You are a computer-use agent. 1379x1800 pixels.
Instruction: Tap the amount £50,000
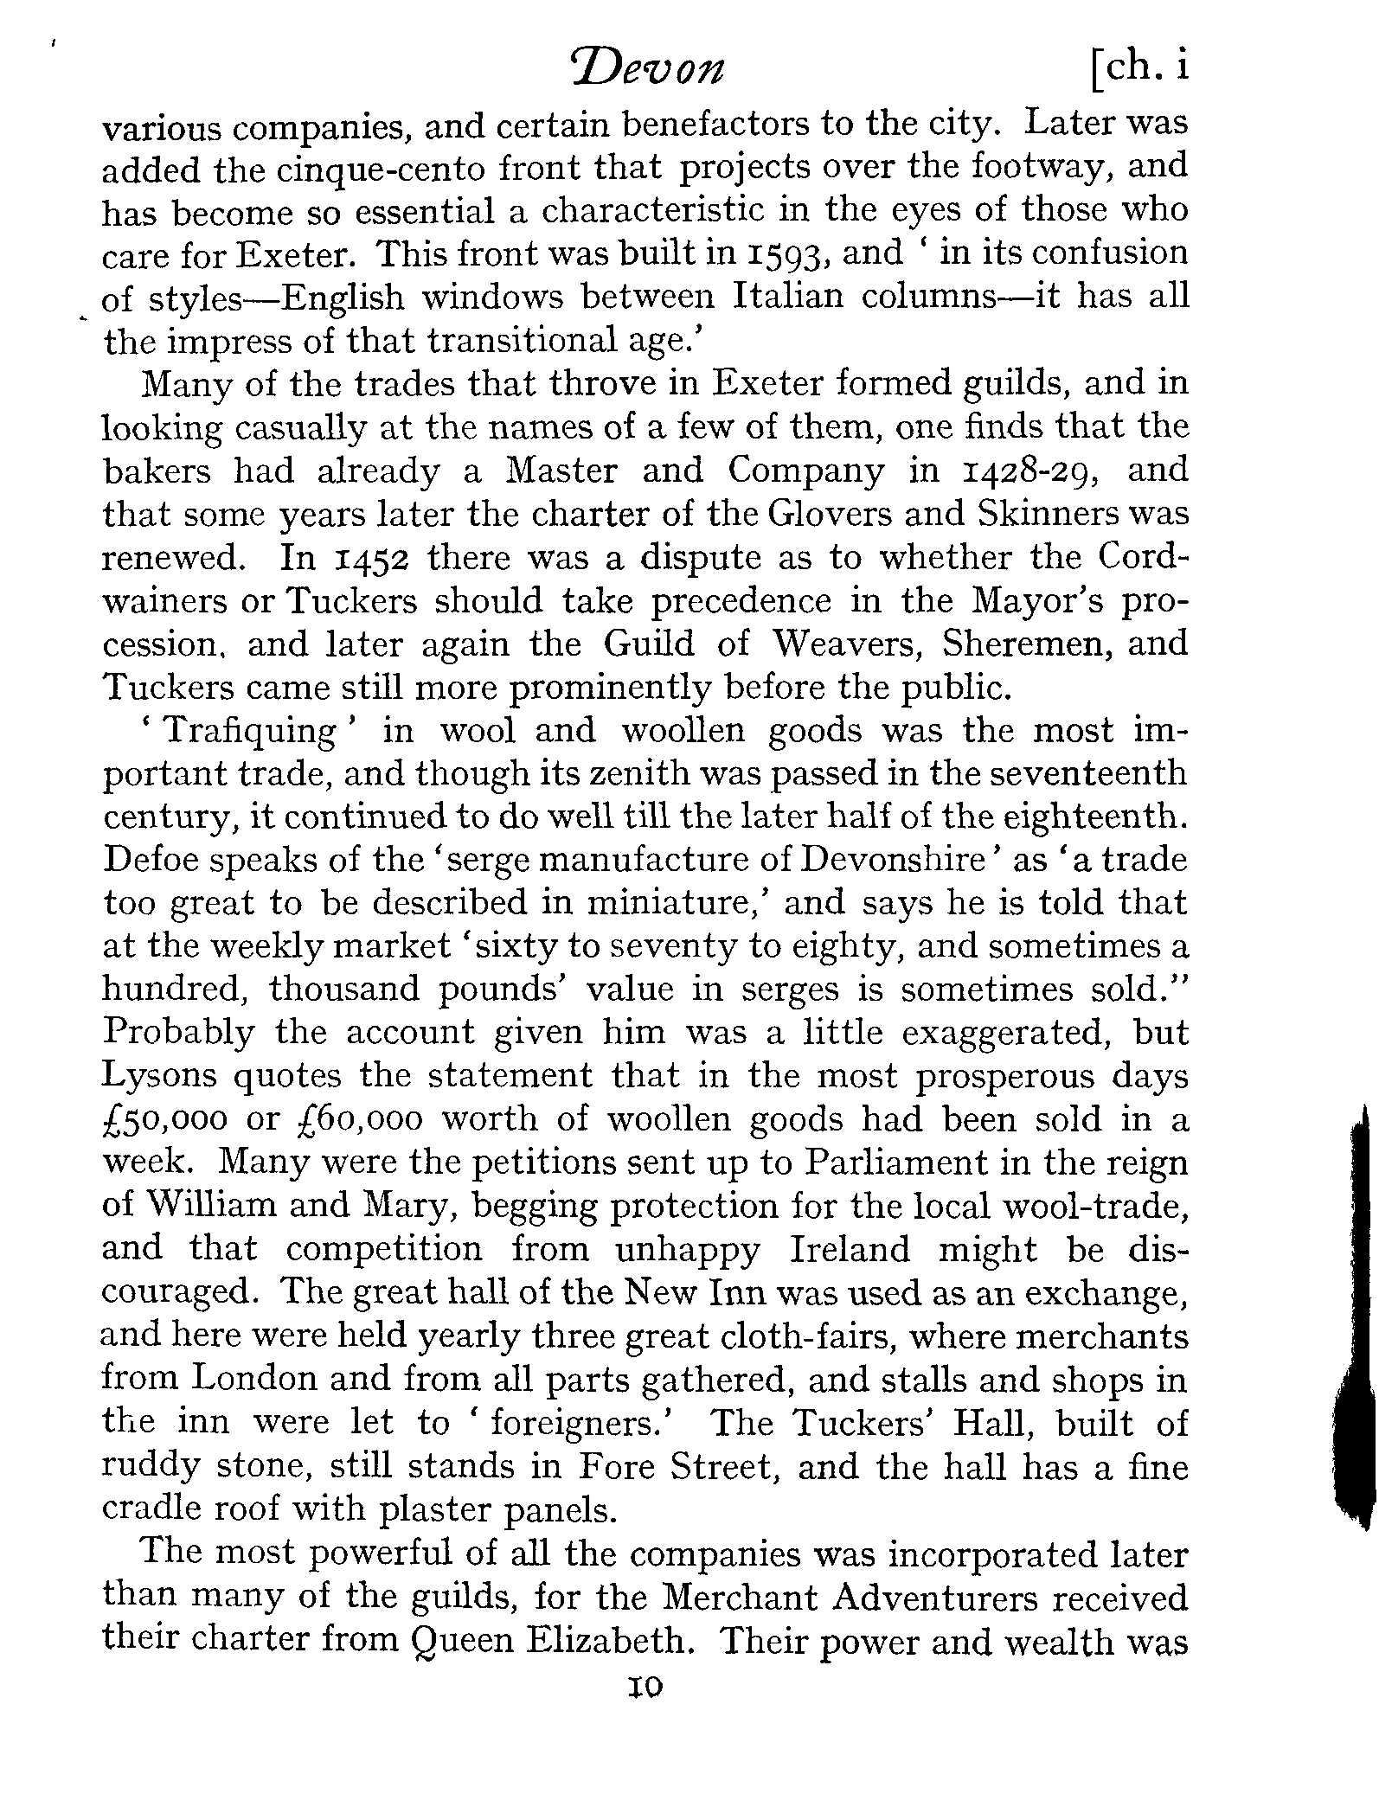(x=165, y=1120)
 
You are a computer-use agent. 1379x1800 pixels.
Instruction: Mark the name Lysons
(x=158, y=1077)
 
